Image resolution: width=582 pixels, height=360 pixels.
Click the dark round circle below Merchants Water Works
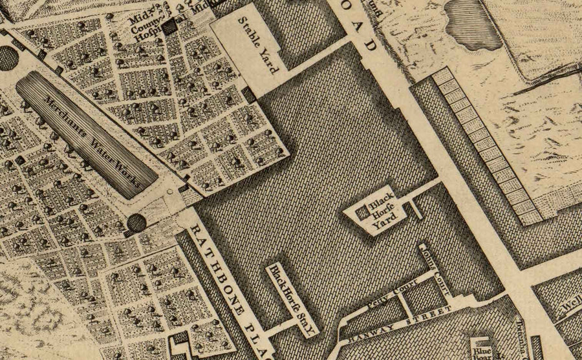point(136,224)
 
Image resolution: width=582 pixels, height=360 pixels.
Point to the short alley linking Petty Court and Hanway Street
point(402,304)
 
